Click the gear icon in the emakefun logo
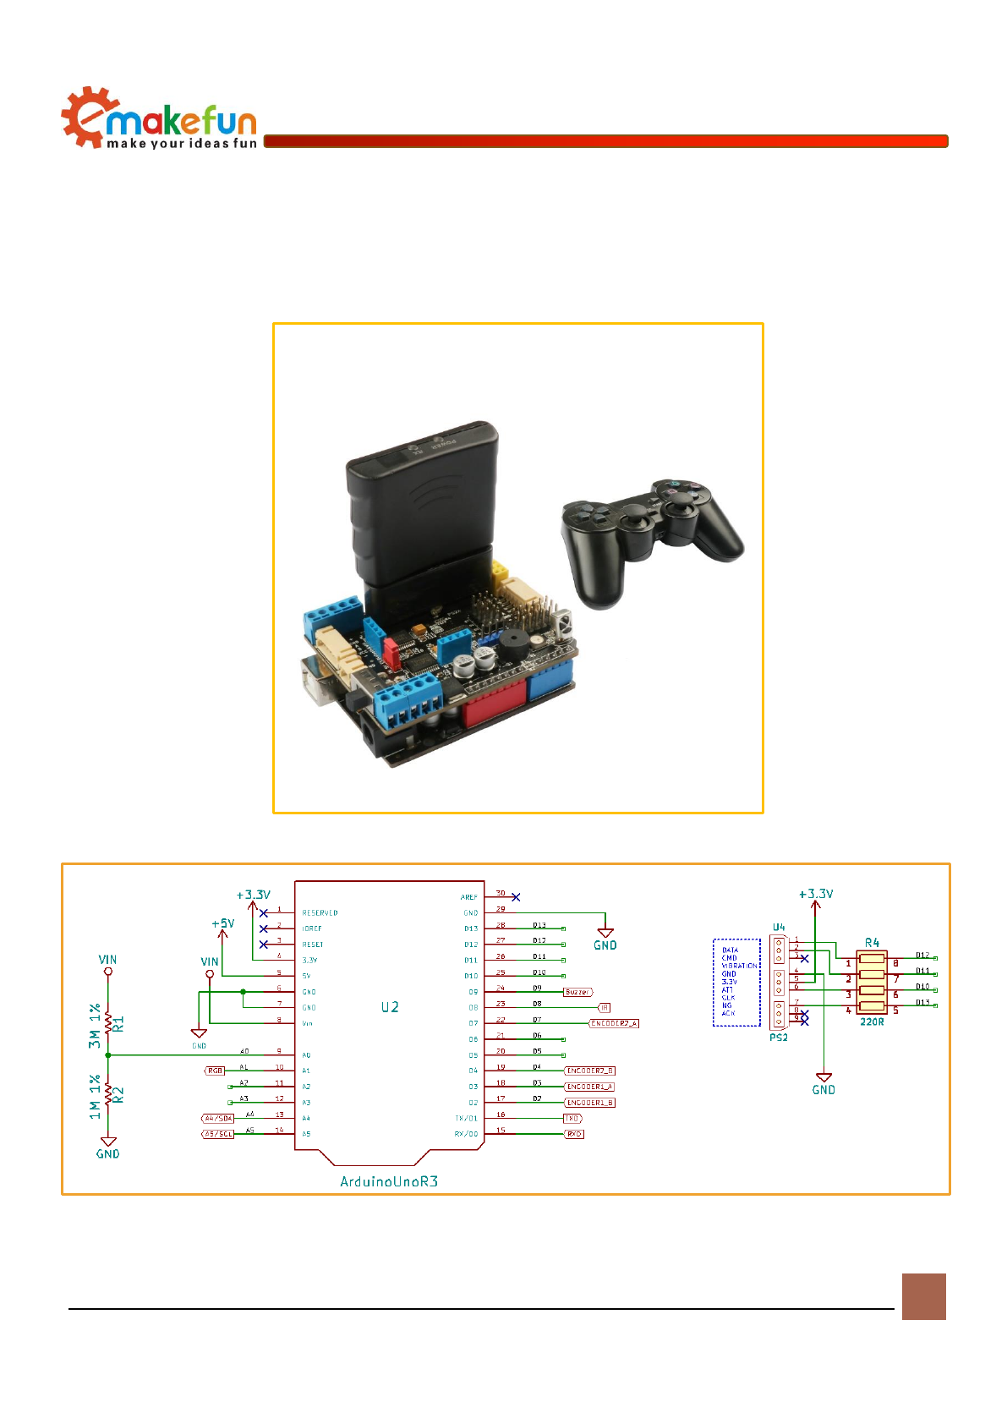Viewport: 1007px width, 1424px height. point(82,118)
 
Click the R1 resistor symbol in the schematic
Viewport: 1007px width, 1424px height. point(108,1023)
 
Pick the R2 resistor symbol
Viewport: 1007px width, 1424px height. point(108,1094)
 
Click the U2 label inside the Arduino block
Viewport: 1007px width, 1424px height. point(390,1007)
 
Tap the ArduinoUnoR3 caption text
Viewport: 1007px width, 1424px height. point(389,1181)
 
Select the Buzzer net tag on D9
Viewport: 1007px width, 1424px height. point(578,992)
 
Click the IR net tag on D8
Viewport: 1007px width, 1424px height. point(604,1008)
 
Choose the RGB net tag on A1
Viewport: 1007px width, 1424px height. point(215,1071)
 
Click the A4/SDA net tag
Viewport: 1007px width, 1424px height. point(218,1119)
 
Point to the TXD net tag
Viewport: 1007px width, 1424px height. point(572,1119)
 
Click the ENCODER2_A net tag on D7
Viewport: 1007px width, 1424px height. point(614,1023)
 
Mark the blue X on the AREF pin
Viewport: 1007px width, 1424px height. point(516,897)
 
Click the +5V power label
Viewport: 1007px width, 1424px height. point(223,923)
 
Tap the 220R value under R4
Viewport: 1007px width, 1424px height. point(872,1021)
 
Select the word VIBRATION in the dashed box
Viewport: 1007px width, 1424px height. point(740,966)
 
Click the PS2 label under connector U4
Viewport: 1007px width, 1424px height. point(779,1038)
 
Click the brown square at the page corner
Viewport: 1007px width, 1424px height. point(923,1296)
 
